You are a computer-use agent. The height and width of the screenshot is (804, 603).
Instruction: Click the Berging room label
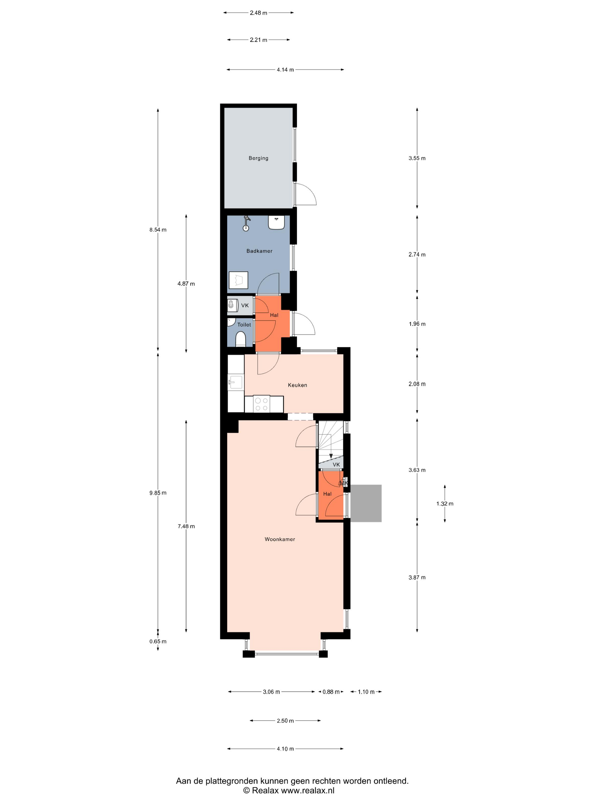(x=258, y=158)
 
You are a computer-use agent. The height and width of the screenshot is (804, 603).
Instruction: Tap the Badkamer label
(x=259, y=251)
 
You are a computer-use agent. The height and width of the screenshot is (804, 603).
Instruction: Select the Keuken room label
(x=297, y=385)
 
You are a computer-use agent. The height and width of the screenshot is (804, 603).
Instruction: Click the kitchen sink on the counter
(x=235, y=382)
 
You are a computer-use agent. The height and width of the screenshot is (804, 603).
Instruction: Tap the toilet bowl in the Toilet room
(x=240, y=339)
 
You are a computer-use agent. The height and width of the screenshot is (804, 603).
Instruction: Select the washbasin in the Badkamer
(x=276, y=222)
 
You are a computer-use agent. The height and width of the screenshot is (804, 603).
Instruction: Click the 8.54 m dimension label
(x=158, y=230)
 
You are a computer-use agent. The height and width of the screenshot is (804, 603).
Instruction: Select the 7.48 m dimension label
(x=186, y=526)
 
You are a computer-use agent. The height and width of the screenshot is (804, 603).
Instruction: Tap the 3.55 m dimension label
(x=417, y=158)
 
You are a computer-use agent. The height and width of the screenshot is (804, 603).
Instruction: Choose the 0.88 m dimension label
(x=331, y=692)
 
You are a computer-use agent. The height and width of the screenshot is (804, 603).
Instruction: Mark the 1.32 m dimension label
(x=445, y=503)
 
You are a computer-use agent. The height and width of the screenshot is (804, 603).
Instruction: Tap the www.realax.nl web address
(x=308, y=790)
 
